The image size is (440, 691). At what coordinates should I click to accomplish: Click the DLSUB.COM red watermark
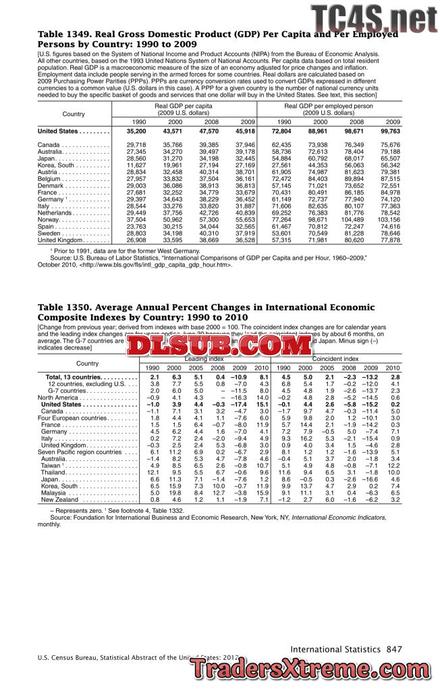point(219,346)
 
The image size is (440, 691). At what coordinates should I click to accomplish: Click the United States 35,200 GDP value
point(136,131)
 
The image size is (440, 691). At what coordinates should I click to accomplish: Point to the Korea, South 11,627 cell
point(136,165)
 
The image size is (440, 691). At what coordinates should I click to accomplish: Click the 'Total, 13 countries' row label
point(74,377)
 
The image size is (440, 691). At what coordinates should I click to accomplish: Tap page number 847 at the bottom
point(394,649)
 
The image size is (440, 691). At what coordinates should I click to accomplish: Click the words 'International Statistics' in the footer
point(335,649)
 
